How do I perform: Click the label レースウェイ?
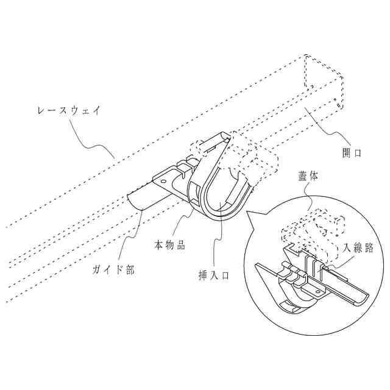point(69,111)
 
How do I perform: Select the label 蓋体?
point(308,175)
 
